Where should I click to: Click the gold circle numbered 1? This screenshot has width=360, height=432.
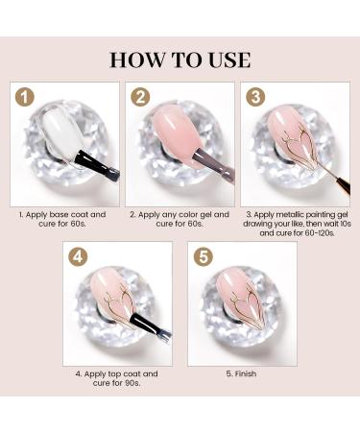click(x=25, y=97)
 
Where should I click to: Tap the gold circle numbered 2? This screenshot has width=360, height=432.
click(x=140, y=97)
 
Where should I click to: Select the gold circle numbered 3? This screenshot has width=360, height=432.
click(x=255, y=97)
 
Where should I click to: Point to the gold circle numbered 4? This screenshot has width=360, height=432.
click(x=78, y=256)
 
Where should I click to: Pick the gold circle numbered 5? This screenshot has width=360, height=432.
click(x=203, y=256)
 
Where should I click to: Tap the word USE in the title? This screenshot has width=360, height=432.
click(x=229, y=60)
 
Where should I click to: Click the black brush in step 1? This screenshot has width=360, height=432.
click(x=97, y=164)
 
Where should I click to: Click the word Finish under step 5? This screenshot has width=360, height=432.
click(x=246, y=373)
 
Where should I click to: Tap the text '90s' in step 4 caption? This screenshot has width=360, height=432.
click(x=132, y=383)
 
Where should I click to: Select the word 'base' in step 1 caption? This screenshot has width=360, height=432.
click(x=60, y=214)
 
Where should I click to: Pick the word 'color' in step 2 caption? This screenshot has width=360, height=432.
click(x=185, y=214)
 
